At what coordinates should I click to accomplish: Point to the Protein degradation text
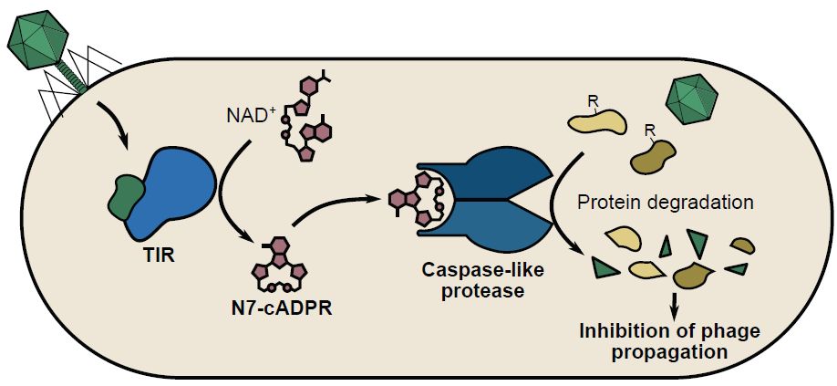(666, 203)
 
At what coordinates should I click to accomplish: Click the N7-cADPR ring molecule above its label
(286, 267)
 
